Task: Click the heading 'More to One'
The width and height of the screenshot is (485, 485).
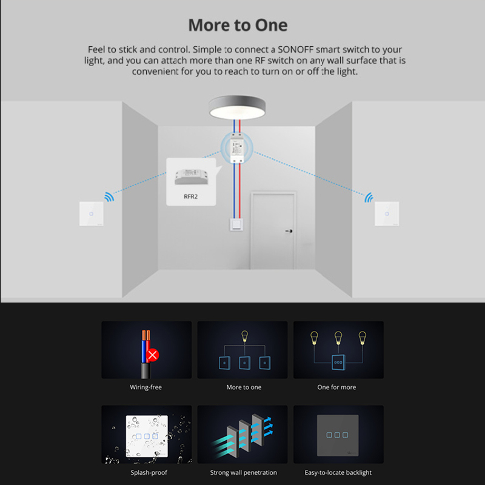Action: [238, 25]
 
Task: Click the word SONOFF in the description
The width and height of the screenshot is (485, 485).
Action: [295, 50]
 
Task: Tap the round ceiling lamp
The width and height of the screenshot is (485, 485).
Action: [237, 107]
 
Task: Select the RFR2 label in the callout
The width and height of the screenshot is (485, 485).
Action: [190, 196]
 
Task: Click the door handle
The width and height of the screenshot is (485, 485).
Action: [289, 231]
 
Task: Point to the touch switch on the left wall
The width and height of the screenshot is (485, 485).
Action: [92, 214]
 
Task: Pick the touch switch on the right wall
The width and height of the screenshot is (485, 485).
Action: [387, 214]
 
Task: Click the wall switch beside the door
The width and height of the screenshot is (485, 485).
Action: [236, 224]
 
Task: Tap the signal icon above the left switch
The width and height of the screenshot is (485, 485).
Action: [109, 196]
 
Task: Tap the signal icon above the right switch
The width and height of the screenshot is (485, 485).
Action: [369, 198]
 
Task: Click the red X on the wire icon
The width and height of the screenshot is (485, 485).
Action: [152, 355]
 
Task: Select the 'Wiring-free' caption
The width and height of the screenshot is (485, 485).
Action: [145, 387]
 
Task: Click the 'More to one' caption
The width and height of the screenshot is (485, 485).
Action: [244, 387]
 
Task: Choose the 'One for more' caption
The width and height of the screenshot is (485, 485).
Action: [336, 387]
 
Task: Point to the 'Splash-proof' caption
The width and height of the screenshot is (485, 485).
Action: [149, 473]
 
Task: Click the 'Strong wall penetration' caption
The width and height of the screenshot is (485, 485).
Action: [244, 473]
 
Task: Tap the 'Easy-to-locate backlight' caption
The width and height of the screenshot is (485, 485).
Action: [338, 473]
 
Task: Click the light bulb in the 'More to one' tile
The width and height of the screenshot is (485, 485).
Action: [245, 336]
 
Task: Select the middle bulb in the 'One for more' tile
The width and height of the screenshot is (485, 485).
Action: [338, 338]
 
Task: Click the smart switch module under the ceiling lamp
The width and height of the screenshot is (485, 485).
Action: [237, 148]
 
